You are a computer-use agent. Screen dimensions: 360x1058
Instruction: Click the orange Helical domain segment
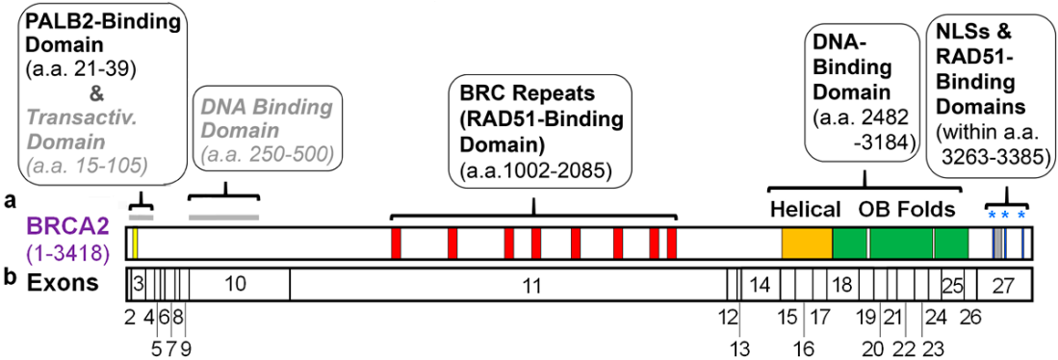[807, 244]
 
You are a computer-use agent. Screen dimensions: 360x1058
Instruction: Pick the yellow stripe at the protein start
[136, 244]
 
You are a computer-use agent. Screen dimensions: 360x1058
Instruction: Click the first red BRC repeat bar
[396, 244]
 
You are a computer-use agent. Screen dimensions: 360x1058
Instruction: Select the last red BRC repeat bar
[672, 244]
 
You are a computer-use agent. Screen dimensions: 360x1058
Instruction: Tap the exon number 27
[1002, 285]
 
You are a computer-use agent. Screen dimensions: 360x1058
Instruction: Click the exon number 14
[760, 285]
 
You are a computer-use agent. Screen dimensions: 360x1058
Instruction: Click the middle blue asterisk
[1005, 215]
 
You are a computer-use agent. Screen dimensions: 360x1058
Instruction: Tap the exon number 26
[969, 316]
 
